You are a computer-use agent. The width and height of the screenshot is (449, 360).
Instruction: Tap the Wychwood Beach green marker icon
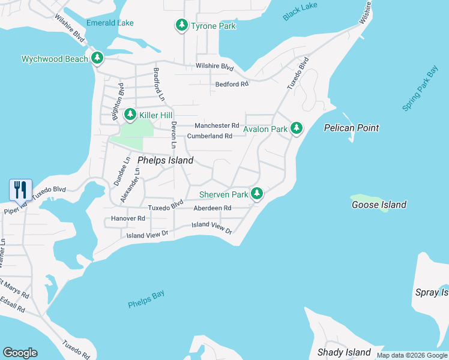point(97,59)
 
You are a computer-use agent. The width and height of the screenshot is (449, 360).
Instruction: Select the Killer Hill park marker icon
point(130,115)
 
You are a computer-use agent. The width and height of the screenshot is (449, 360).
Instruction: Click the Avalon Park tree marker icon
point(296,128)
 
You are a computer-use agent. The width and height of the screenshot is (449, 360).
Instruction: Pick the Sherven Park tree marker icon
point(256,194)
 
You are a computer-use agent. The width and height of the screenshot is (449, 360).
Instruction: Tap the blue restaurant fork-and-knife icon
point(20,190)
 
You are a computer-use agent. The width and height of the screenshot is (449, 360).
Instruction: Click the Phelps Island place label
point(166,160)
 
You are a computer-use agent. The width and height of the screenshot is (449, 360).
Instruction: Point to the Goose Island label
point(379,205)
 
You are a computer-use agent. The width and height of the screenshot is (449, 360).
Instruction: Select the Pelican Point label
point(351,128)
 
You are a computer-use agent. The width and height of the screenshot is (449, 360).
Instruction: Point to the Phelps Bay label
point(146,299)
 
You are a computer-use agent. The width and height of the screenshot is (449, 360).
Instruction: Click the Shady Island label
point(344,352)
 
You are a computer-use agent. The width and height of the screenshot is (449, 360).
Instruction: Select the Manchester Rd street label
point(217,125)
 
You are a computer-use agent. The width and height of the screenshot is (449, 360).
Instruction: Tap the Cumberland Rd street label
point(209,136)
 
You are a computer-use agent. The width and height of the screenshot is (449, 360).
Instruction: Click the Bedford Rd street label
point(232,85)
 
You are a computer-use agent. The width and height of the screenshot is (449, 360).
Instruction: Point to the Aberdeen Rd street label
point(212,208)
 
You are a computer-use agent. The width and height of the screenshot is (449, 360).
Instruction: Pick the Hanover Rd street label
point(128,218)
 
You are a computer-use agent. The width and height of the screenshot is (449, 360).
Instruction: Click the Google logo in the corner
point(20,353)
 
